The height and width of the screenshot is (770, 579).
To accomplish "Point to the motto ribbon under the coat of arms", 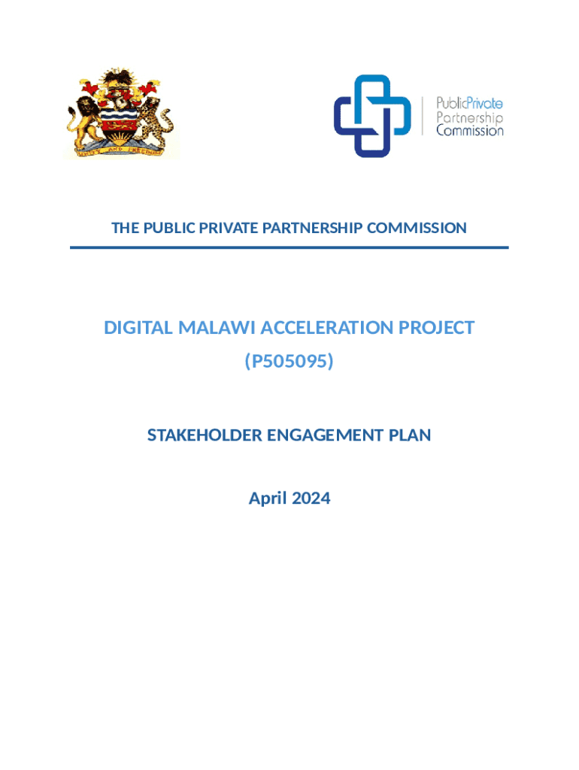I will point(120,150).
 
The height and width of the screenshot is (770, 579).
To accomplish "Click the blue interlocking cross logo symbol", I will point(372,116).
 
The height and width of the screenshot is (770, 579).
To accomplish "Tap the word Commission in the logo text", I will point(470,130).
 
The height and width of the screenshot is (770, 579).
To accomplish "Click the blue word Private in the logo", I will point(485,104).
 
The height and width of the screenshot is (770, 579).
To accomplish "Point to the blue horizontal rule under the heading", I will point(289,247).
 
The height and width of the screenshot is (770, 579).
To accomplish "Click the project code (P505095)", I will point(289,362).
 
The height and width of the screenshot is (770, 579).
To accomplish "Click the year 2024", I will point(311,498).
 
